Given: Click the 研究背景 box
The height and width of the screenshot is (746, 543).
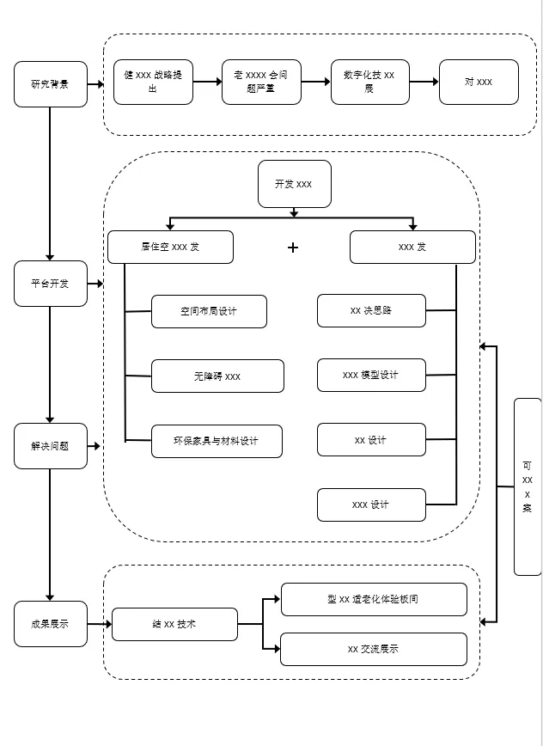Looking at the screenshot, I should coord(51,84).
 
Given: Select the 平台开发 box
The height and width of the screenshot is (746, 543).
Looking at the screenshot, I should coord(51,284).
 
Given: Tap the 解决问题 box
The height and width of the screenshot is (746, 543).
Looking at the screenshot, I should coord(51,446).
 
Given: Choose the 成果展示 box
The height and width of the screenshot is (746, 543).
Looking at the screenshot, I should coord(51,624).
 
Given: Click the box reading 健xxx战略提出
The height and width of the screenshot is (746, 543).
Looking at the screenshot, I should coord(153,82).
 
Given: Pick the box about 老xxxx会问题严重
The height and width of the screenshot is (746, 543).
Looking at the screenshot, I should coord(261,82).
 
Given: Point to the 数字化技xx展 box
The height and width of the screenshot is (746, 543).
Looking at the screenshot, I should coord(369,82).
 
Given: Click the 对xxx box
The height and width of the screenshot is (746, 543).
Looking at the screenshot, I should coord(479,82).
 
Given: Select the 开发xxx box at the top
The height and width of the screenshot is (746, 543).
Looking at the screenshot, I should coord(294,184).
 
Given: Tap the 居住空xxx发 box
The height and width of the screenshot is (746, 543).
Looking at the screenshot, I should coord(170,247).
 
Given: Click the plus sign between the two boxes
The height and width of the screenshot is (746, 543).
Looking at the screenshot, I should coord(293,248).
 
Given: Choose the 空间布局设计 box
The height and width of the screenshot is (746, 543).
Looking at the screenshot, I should coord(209,311).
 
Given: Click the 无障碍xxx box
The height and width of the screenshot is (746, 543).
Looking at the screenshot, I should coord(217,376).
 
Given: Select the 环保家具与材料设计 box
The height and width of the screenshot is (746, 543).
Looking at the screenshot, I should coord(217,441).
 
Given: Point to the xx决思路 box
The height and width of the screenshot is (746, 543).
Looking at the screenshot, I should coord(371,310).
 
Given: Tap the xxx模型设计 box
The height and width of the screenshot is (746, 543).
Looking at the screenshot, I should coord(371,375).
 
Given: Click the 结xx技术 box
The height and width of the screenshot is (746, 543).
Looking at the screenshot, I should coord(174,624).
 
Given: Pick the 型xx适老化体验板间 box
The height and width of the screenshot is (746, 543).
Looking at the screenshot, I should coord(374,599).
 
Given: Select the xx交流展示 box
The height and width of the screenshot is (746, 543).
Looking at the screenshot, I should coord(374,649).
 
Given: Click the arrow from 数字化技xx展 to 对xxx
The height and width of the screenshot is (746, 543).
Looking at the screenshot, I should coord(424,82).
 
